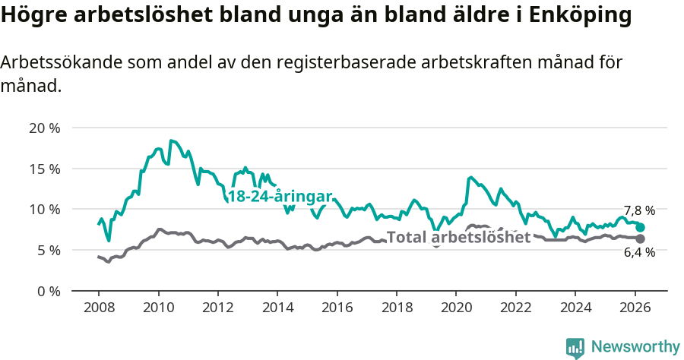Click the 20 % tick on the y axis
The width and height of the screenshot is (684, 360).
click(x=45, y=128)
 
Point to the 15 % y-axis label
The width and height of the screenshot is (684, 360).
click(x=45, y=169)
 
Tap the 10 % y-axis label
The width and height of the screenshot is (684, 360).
click(x=45, y=209)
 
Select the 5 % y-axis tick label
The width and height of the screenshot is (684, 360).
click(x=48, y=250)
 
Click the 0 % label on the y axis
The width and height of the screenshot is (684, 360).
click(x=48, y=291)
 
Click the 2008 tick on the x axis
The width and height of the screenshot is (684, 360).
click(x=99, y=308)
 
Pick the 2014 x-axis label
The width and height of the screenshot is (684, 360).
click(x=277, y=308)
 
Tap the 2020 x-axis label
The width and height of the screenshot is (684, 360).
click(x=456, y=308)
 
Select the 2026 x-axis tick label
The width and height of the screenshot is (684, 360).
click(x=635, y=308)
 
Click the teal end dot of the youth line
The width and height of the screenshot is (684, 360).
click(x=641, y=227)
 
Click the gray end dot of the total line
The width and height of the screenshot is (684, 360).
click(x=641, y=239)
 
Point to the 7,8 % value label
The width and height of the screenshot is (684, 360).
click(x=639, y=210)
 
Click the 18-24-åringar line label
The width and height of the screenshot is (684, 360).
click(x=280, y=196)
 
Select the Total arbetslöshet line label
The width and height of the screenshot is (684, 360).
click(x=458, y=237)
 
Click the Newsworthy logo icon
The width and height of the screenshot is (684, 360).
click(x=575, y=348)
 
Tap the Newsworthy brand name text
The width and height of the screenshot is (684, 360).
click(x=635, y=347)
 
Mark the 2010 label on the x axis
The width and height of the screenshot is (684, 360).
click(x=158, y=308)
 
